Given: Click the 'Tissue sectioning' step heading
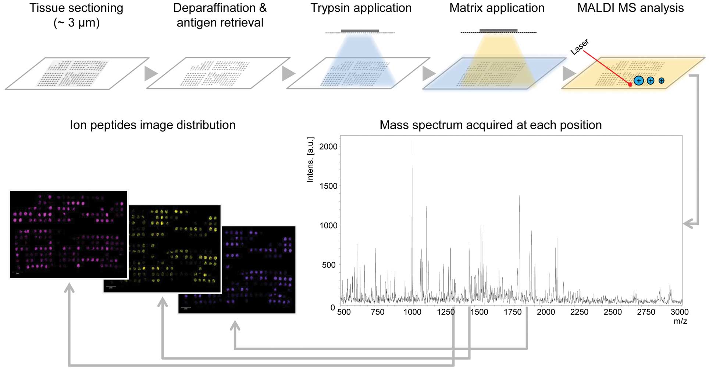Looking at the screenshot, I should [76, 8].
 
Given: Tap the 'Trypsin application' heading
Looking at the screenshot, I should [361, 8].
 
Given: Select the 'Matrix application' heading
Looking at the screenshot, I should [496, 8].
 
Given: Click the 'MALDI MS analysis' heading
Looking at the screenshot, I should [630, 8].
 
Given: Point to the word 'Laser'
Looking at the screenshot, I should [580, 47].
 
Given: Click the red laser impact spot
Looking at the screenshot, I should [630, 85].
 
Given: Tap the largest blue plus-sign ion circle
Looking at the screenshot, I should [639, 81].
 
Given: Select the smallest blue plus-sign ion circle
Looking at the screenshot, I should [662, 81].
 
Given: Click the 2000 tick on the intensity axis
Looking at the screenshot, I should [328, 147].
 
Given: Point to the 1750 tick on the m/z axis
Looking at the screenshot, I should [512, 312].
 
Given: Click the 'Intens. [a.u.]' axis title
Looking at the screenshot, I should [310, 160].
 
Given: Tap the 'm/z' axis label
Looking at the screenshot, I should [680, 321].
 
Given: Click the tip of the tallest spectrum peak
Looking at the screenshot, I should [412, 140].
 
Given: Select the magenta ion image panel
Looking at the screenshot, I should [68, 234].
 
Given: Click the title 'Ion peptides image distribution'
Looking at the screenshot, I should [153, 125].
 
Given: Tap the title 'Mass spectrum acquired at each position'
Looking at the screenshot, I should [491, 125].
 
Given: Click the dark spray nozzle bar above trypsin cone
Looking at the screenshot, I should [360, 31].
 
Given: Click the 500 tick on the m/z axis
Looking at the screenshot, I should [344, 312].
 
